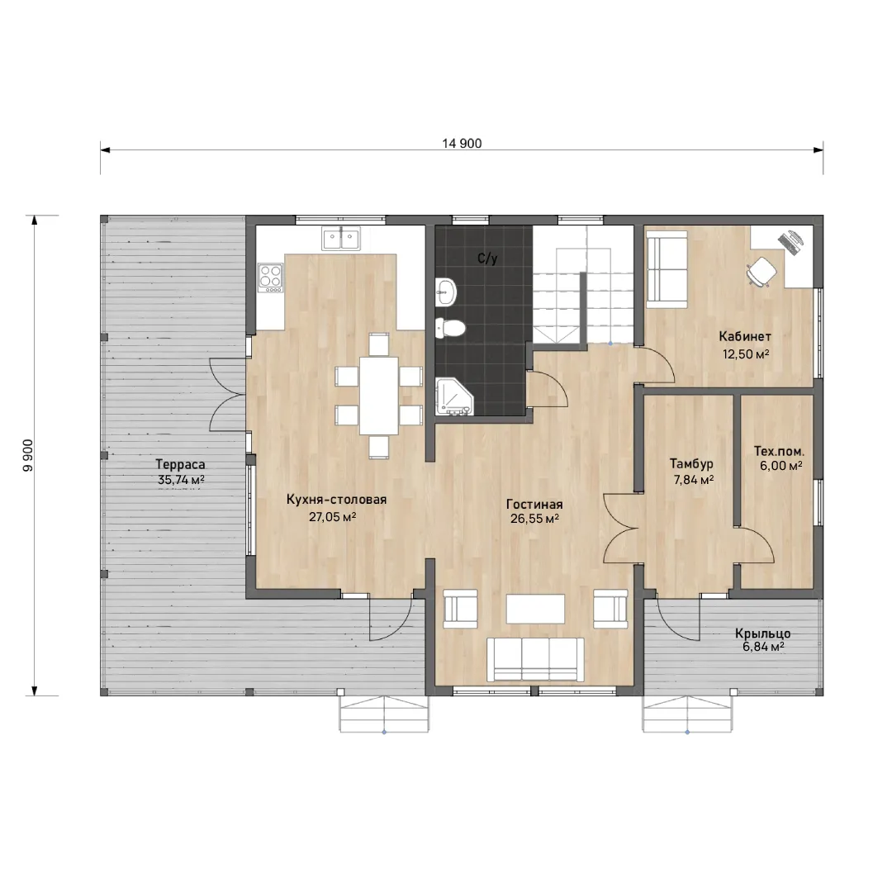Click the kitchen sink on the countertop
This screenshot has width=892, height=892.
click(341, 239)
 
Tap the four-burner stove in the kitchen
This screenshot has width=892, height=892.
click(270, 278)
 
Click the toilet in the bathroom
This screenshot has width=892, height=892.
click(451, 328)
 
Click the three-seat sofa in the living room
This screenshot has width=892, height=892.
click(535, 659)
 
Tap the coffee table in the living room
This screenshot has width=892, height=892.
click(535, 609)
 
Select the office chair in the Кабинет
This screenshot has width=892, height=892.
click(762, 272)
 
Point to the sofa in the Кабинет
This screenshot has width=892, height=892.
click(667, 268)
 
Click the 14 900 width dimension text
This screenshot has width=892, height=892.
click(462, 144)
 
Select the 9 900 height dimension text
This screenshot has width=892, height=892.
click(28, 455)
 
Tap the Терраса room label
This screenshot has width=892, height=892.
click(180, 465)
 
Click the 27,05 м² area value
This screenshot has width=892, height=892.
click(333, 516)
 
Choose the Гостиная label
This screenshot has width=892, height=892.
click(534, 505)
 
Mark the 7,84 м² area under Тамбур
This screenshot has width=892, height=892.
click(694, 480)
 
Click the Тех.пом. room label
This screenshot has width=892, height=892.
click(780, 451)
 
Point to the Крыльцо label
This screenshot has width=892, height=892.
click(763, 633)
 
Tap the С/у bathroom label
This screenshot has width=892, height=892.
click(487, 259)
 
